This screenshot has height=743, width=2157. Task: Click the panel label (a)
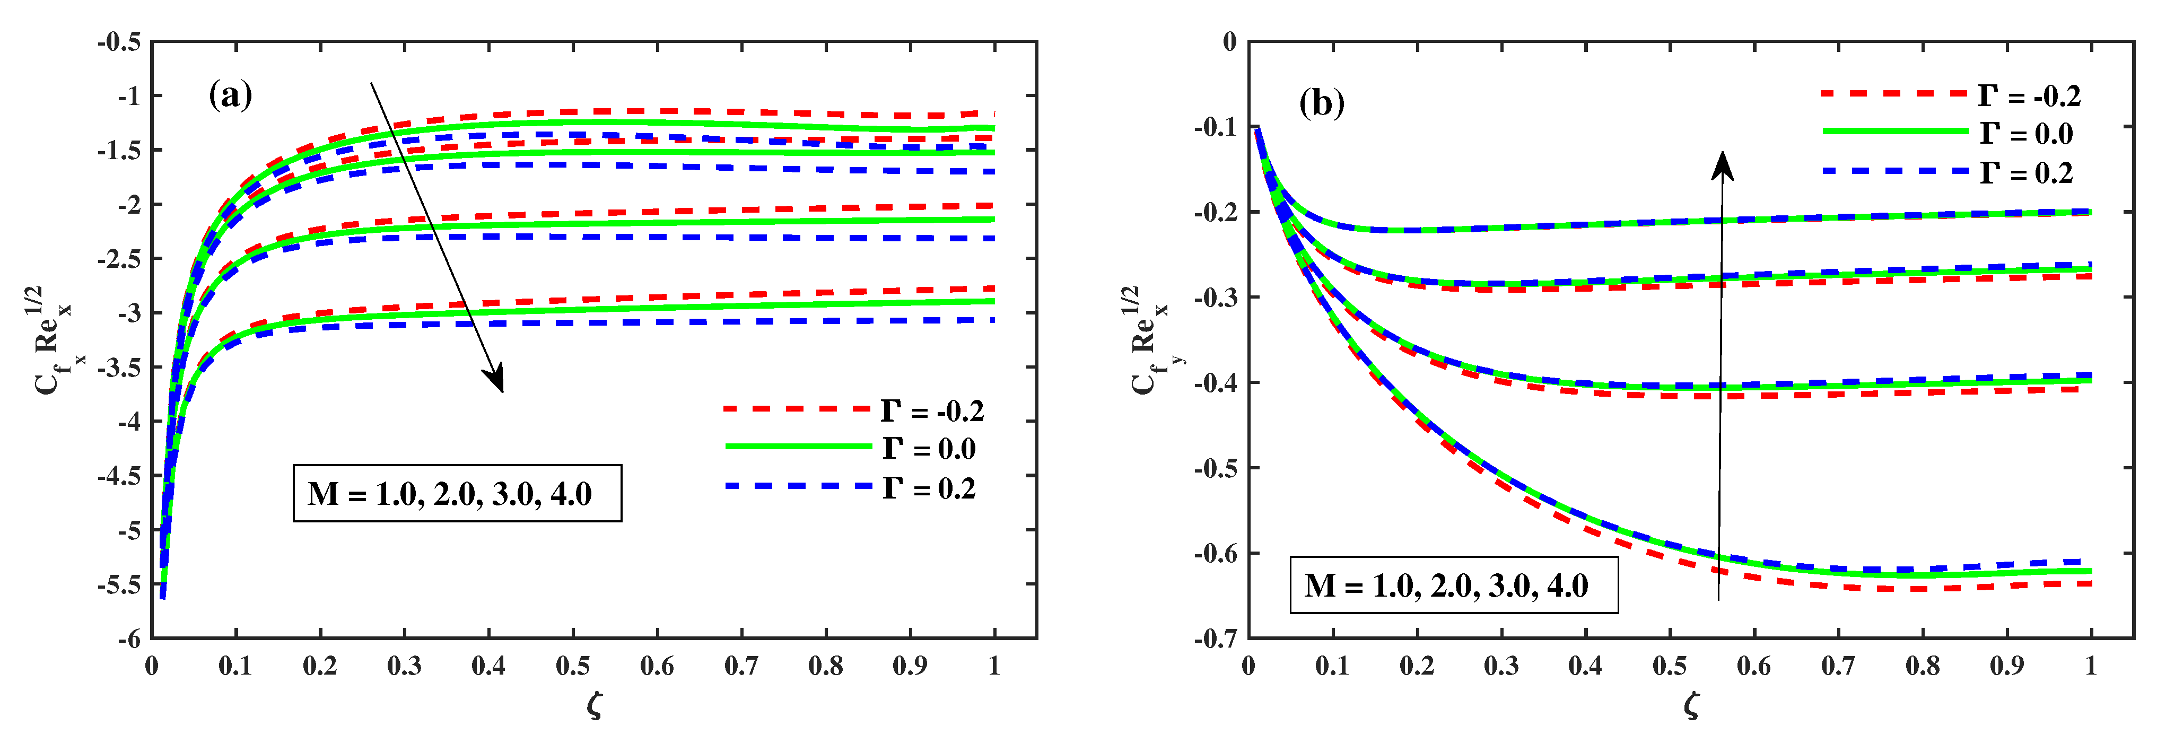(x=230, y=95)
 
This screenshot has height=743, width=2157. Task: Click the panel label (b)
(x=1321, y=103)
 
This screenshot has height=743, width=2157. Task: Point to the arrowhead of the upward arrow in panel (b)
(x=1723, y=162)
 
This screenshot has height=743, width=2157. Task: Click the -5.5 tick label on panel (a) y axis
(x=118, y=584)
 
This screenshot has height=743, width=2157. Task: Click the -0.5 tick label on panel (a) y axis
(x=118, y=42)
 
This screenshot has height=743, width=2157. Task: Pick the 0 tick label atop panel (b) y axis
(x=1229, y=42)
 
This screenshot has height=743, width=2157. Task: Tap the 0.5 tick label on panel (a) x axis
(x=573, y=667)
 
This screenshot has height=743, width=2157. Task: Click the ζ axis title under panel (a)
(x=595, y=706)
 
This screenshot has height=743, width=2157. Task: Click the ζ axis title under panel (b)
(x=1691, y=706)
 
